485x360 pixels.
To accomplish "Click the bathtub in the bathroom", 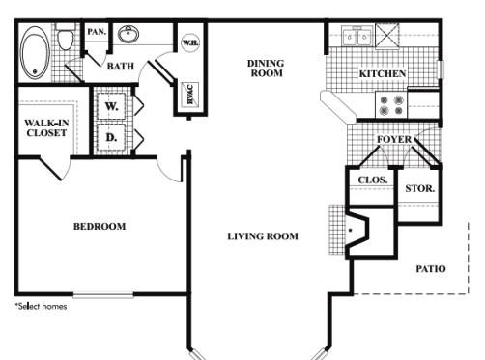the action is pyautogui.click(x=35, y=53).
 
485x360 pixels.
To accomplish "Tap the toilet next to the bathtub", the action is pyautogui.click(x=66, y=37).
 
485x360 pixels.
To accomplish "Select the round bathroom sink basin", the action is pyautogui.click(x=128, y=34).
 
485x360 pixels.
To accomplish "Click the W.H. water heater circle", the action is pyautogui.click(x=190, y=42).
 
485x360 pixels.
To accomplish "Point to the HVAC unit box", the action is pyautogui.click(x=189, y=95).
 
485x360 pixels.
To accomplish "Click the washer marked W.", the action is pyautogui.click(x=111, y=106).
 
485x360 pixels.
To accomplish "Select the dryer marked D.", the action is pyautogui.click(x=111, y=137).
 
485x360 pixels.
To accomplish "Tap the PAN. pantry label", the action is pyautogui.click(x=97, y=32).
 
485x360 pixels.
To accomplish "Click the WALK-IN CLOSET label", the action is pyautogui.click(x=46, y=127).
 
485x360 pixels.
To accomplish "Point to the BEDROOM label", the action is pyautogui.click(x=100, y=227).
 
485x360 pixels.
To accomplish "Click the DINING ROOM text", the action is pyautogui.click(x=266, y=69).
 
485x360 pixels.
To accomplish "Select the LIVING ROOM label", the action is pyautogui.click(x=263, y=236).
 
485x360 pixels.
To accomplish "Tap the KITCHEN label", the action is pyautogui.click(x=383, y=73).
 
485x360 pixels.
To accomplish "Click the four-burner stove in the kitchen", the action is pyautogui.click(x=391, y=105).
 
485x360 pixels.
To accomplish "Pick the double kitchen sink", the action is pyautogui.click(x=357, y=36).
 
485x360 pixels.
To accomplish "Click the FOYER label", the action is pyautogui.click(x=394, y=139).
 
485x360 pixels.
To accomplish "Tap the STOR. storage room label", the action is pyautogui.click(x=419, y=188).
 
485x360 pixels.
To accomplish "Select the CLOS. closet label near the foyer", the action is pyautogui.click(x=373, y=180).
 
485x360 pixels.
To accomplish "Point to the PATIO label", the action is pyautogui.click(x=431, y=269).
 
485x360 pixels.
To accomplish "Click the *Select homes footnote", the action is pyautogui.click(x=42, y=306).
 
